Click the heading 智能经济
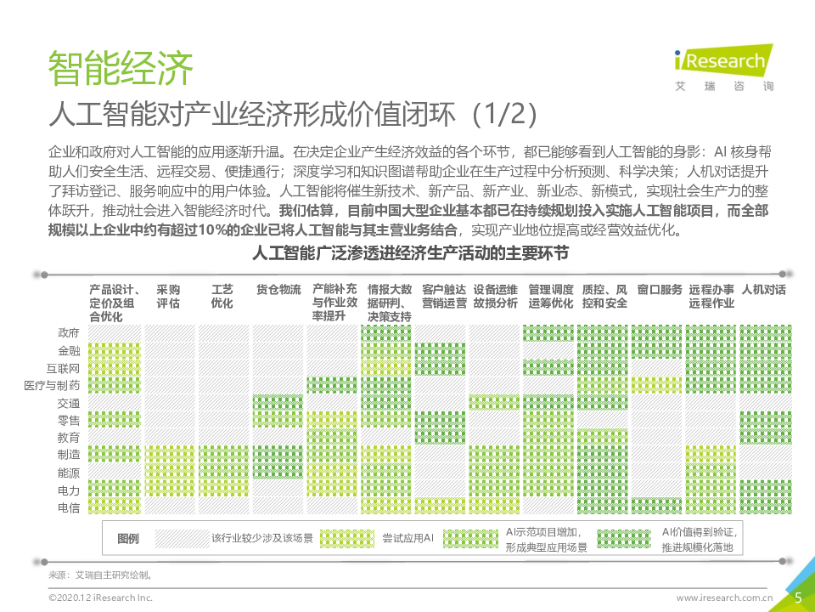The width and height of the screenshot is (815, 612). pyautogui.click(x=121, y=67)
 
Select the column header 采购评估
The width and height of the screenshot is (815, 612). pyautogui.click(x=168, y=297)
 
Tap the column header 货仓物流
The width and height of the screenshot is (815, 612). pyautogui.click(x=278, y=290)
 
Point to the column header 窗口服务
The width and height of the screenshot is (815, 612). pyautogui.click(x=659, y=290)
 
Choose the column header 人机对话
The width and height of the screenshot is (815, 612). pyautogui.click(x=763, y=290)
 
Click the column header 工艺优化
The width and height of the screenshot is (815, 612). pyautogui.click(x=222, y=297)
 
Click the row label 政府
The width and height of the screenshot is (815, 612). pyautogui.click(x=69, y=332)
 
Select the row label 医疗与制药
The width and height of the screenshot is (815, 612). pyautogui.click(x=53, y=386)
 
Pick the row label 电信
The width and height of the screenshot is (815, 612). pyautogui.click(x=69, y=507)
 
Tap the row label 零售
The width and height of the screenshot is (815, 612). pyautogui.click(x=69, y=421)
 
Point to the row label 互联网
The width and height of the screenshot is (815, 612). pyautogui.click(x=63, y=368)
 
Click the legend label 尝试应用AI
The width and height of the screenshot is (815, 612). pyautogui.click(x=407, y=538)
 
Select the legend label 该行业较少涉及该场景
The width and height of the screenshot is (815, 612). pyautogui.click(x=262, y=538)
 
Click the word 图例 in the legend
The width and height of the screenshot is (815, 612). pyautogui.click(x=128, y=539)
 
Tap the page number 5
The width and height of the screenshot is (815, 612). pyautogui.click(x=798, y=598)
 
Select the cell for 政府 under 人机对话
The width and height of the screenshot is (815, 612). pyautogui.click(x=765, y=332)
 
